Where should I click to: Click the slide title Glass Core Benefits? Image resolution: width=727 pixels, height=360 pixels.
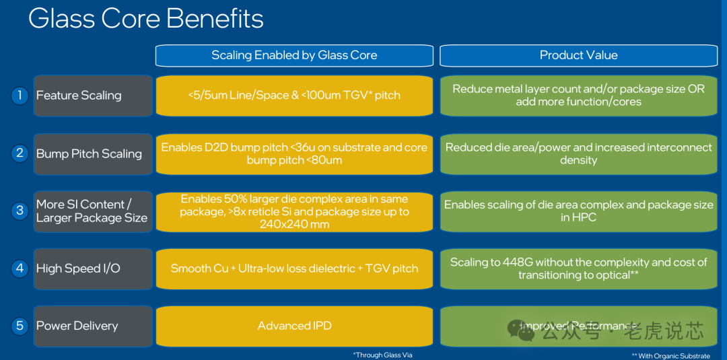145,19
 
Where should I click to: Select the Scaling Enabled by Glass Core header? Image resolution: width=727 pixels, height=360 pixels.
294,55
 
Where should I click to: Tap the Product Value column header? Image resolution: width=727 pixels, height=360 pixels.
578,55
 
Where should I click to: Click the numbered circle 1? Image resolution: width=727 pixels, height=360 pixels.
20,96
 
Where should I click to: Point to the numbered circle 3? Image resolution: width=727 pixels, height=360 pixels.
20,211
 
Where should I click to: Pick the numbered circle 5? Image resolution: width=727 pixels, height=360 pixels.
20,326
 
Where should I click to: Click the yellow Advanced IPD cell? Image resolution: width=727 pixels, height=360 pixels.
294,326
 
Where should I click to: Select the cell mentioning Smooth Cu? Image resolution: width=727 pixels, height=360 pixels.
294,268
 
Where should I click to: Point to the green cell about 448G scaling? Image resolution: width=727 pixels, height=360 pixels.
578,268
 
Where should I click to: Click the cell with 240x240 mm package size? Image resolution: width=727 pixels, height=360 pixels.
294,211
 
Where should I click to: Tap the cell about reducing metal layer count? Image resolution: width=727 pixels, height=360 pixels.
578,96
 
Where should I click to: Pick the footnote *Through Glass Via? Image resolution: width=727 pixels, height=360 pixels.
382,355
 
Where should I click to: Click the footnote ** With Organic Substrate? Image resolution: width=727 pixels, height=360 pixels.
670,355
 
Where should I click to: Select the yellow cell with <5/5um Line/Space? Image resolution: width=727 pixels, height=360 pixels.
294,96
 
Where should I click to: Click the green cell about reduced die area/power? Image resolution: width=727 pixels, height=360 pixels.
578,153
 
